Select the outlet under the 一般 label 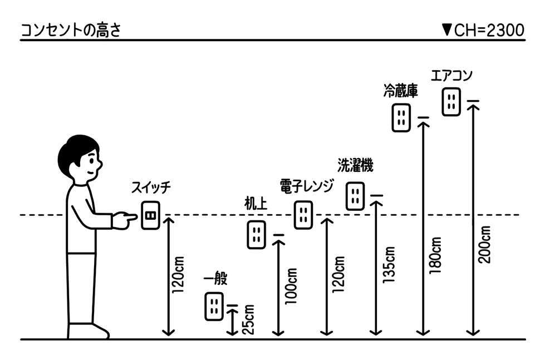coord(214,306)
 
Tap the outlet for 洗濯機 coord(355,196)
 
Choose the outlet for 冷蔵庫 coord(401,117)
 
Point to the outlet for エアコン coord(451,101)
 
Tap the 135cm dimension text coord(389,267)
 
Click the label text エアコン coord(451,76)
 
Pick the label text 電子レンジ coord(307,185)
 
